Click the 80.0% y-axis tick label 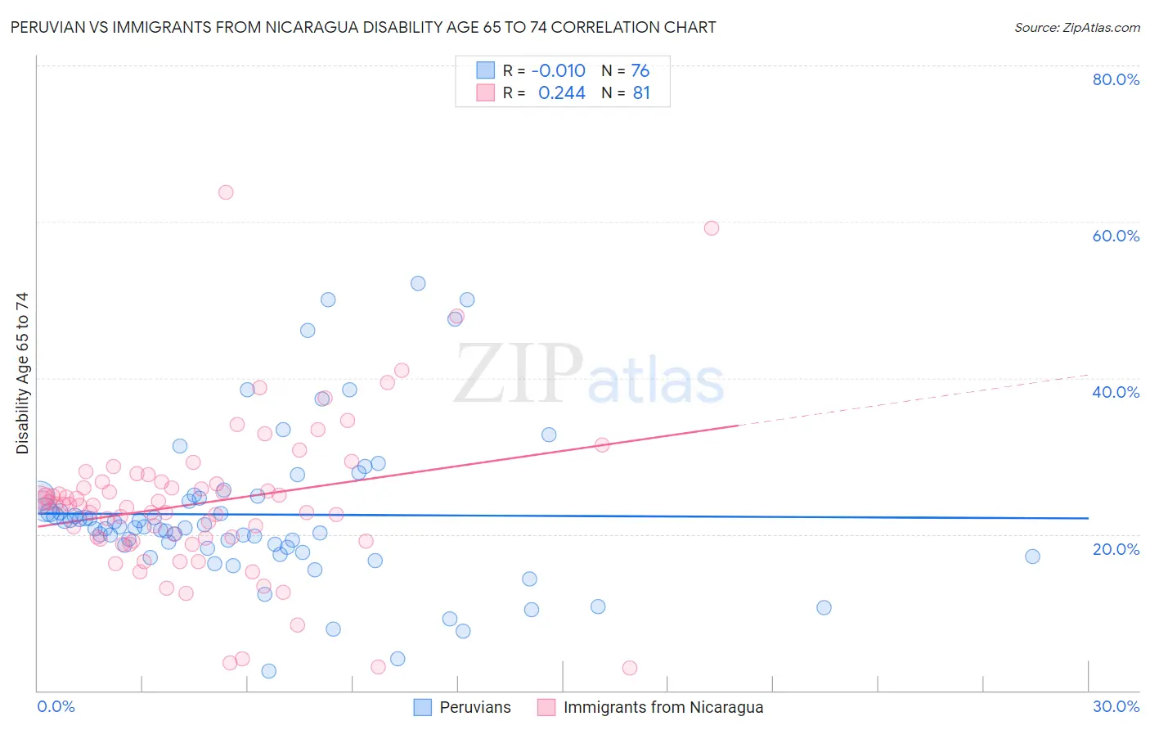click(x=1116, y=79)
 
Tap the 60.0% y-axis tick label click(x=1116, y=236)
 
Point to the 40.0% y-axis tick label click(x=1116, y=392)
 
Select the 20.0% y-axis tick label click(x=1116, y=549)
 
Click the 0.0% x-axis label click(x=56, y=706)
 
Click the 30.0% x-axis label click(x=1116, y=706)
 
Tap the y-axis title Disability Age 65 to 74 click(x=22, y=373)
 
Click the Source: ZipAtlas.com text click(x=1076, y=28)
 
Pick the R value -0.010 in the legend click(x=558, y=71)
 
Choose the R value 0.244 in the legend click(x=561, y=93)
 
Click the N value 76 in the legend click(x=640, y=71)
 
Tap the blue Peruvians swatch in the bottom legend click(x=422, y=707)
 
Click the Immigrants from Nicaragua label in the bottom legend click(x=663, y=707)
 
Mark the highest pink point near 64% click(x=226, y=192)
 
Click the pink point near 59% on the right click(x=712, y=228)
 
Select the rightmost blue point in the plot click(x=1032, y=557)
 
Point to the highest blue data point click(x=418, y=283)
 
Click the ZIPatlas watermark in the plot click(x=589, y=376)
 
